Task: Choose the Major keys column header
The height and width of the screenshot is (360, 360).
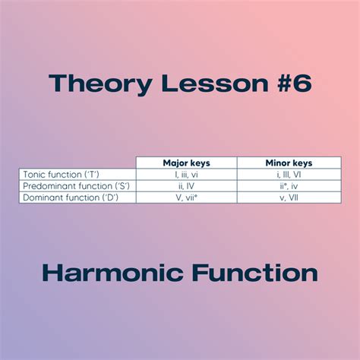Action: [186, 163]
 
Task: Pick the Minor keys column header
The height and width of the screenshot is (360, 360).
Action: [289, 163]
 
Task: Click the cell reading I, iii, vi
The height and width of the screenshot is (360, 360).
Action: [186, 175]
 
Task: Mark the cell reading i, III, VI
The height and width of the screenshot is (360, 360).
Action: [289, 175]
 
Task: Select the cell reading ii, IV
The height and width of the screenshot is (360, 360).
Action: [186, 186]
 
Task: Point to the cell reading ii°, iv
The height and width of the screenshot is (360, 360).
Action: [289, 186]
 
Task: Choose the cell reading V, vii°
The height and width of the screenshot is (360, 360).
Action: [186, 197]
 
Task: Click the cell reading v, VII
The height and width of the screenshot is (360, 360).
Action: [289, 197]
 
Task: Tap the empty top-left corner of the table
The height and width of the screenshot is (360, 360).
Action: [77, 163]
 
